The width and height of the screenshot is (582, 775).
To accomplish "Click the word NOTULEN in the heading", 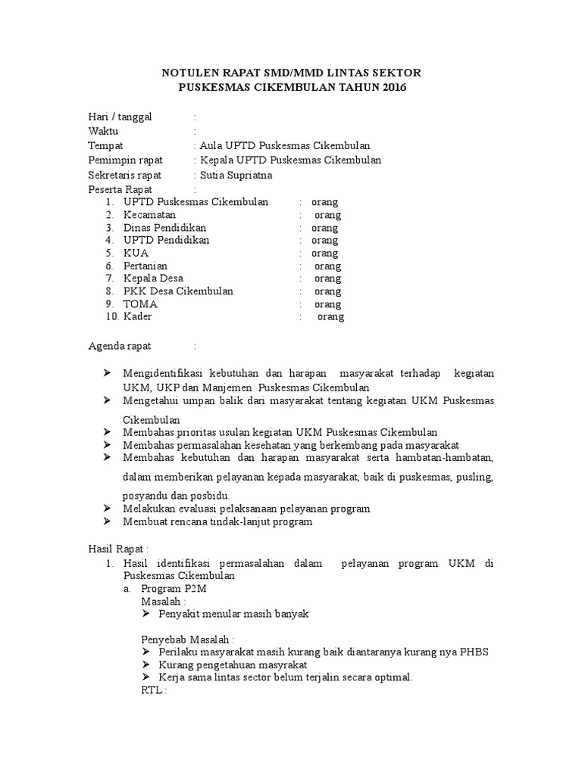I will (192, 73).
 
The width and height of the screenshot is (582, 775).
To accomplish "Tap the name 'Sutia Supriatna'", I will (235, 175).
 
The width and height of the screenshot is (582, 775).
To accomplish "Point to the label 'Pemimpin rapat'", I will (120, 160).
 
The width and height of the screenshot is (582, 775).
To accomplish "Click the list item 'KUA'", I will (136, 253).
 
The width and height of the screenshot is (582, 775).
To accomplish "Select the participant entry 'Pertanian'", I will (145, 266).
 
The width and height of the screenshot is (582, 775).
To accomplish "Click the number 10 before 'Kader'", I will (111, 316).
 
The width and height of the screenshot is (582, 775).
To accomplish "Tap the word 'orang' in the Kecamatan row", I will (327, 215).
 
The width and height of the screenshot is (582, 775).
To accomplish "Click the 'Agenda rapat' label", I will (120, 346).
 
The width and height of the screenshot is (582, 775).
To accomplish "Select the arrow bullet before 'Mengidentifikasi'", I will (107, 374).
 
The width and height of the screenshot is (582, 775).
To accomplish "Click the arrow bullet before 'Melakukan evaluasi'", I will (107, 509).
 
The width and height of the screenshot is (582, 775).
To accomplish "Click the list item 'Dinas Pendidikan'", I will (164, 228).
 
